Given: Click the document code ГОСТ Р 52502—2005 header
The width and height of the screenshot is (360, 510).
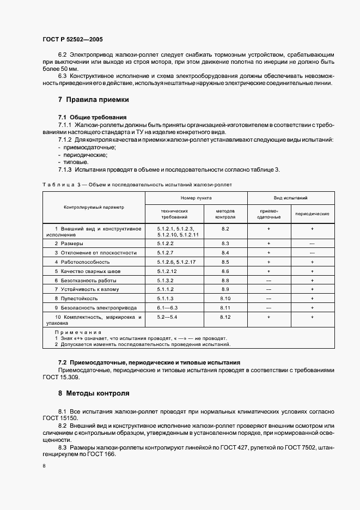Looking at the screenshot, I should click(x=72, y=40).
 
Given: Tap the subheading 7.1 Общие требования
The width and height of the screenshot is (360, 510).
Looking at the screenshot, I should click(x=92, y=117).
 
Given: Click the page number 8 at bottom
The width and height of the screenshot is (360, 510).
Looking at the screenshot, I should click(x=44, y=466).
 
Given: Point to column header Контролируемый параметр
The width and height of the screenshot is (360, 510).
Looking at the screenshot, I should click(x=94, y=208).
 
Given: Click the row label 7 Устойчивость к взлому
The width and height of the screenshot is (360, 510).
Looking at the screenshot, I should click(x=86, y=289).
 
